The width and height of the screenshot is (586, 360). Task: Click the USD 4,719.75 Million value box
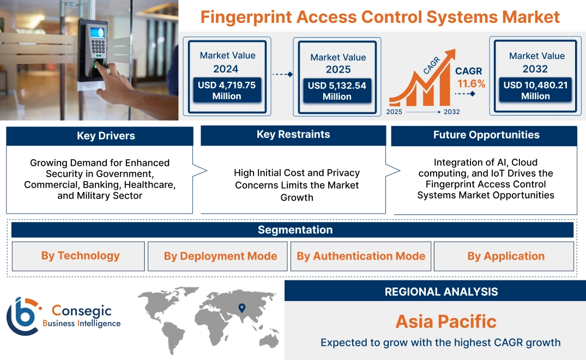pyautogui.click(x=227, y=91)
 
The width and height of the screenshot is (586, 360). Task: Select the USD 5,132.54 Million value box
pyautogui.click(x=337, y=91)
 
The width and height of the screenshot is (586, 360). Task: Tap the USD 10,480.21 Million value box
pyautogui.click(x=535, y=91)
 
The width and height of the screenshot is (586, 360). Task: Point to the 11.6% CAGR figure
pyautogui.click(x=471, y=84)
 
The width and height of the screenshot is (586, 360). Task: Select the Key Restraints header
pyautogui.click(x=293, y=135)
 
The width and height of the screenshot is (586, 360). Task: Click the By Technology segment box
pyautogui.click(x=80, y=256)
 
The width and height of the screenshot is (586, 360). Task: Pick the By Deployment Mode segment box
pyautogui.click(x=220, y=256)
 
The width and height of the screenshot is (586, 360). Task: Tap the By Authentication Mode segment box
pyautogui.click(x=361, y=256)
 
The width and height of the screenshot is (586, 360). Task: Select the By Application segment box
pyautogui.click(x=505, y=256)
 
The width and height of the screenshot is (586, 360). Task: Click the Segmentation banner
pyautogui.click(x=295, y=230)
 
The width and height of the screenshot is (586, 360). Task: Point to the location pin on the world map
pyautogui.click(x=241, y=309)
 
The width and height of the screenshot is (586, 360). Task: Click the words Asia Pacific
pyautogui.click(x=445, y=321)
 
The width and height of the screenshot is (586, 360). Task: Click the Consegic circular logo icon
pyautogui.click(x=23, y=317)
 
